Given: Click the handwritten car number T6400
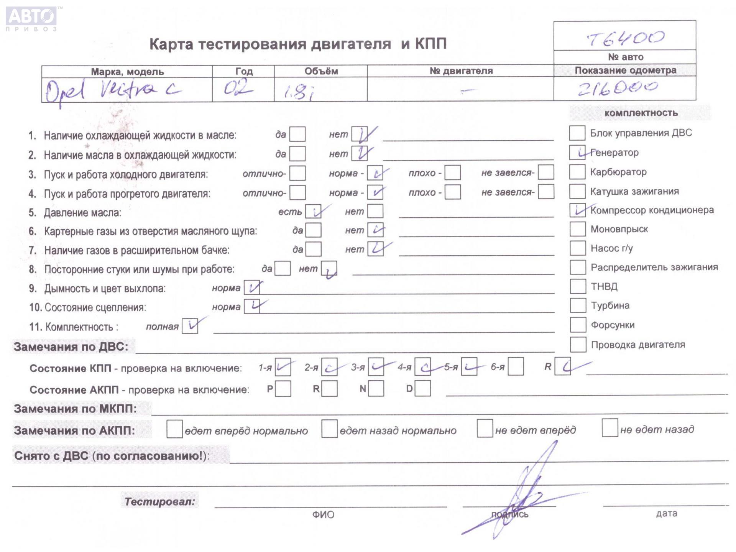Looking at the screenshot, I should click(625, 38).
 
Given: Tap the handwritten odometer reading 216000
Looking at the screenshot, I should click(618, 88).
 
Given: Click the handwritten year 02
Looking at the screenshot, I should click(238, 89).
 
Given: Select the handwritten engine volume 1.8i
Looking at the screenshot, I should click(299, 92).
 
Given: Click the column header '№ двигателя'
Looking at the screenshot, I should click(461, 71).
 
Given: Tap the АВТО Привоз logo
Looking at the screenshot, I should click(31, 18).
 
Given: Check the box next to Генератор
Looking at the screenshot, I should click(577, 153).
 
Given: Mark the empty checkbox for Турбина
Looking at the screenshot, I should click(578, 306).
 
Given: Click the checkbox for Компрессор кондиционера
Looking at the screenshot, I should click(577, 210).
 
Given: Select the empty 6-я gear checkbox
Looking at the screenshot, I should click(516, 367).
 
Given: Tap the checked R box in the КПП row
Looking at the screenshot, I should click(563, 367).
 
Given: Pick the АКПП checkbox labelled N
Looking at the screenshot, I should click(376, 388).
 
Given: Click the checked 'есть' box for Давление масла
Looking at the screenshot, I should click(313, 212).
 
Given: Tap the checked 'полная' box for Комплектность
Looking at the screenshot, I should click(190, 326).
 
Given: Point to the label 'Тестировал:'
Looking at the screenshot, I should click(159, 501).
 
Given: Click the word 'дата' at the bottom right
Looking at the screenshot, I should click(666, 513).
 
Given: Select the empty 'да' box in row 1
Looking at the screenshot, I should click(297, 135).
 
